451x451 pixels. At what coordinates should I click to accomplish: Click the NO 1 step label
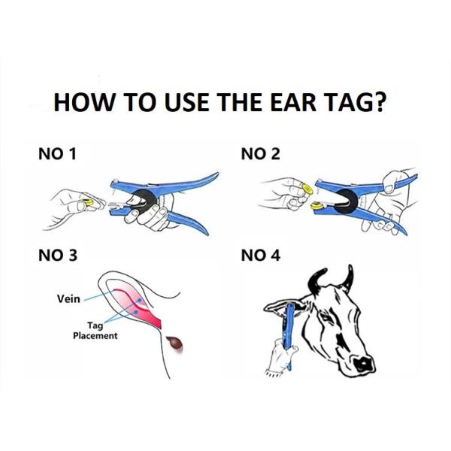(57, 155)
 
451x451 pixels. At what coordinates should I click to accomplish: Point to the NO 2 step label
(260, 155)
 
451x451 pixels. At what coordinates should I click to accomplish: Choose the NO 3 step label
(57, 256)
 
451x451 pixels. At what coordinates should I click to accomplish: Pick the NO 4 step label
(260, 256)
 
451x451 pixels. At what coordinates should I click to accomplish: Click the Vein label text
(68, 298)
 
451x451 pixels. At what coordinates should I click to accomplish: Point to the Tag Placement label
(95, 331)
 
